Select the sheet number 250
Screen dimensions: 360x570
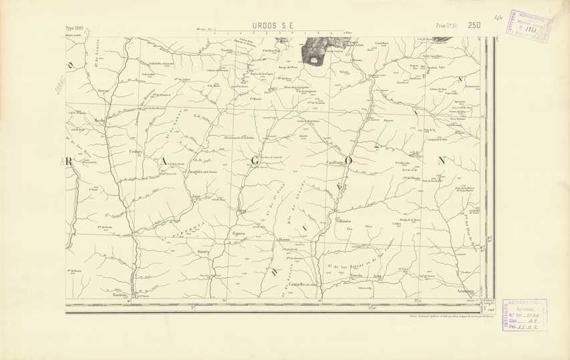point(474,25)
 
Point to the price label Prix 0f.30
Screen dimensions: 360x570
point(446,25)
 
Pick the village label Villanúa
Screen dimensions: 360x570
point(342,220)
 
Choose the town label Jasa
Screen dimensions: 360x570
point(196,196)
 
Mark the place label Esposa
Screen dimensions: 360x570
point(239,233)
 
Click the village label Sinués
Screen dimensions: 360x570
point(204,251)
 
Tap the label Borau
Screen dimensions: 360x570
point(284,238)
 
